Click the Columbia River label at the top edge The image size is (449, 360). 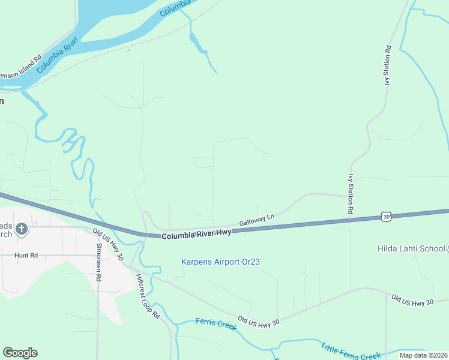coord(175,7)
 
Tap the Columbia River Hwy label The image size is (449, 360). coord(196,234)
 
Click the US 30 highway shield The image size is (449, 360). coord(386,216)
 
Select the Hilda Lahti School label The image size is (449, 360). coord(411,248)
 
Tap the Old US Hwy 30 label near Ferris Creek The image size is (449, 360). coord(259,322)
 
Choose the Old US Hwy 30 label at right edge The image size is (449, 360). coord(412,301)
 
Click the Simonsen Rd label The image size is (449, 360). coord(99,263)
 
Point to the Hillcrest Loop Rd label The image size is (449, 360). coord(147,296)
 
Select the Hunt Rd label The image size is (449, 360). coord(26,255)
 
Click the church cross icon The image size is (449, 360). coord(22,229)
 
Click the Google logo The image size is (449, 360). coord(20,353)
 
